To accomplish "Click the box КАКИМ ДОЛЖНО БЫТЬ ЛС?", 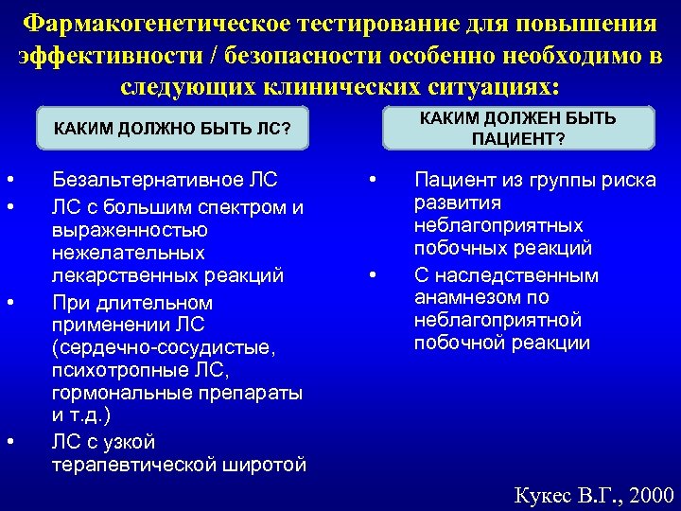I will (172, 128).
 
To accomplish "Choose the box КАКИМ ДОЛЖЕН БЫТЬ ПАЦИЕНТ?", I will (517, 128).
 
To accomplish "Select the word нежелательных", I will (129, 254).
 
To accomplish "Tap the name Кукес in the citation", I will (541, 495).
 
